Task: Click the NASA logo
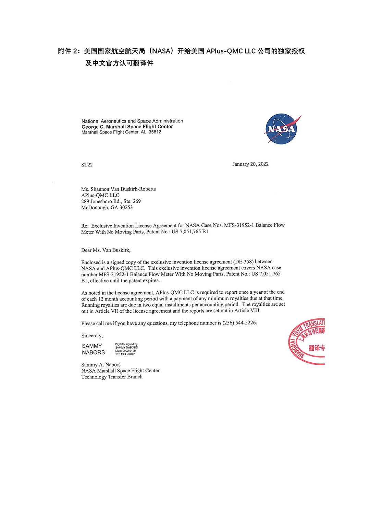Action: [x=282, y=129]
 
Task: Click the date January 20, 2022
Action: [x=250, y=164]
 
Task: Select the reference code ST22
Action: [x=87, y=165]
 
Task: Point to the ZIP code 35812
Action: [x=155, y=132]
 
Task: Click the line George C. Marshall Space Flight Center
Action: [x=127, y=127]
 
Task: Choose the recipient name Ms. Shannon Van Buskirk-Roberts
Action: [x=119, y=189]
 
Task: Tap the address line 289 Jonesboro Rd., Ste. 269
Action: [x=111, y=201]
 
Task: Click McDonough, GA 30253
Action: [x=107, y=208]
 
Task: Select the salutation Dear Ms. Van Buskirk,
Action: [x=106, y=250]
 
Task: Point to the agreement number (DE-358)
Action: [x=243, y=262]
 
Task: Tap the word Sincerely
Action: [x=92, y=336]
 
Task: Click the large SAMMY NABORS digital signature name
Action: [x=93, y=349]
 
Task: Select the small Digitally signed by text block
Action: [x=126, y=349]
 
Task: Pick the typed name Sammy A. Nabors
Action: [x=101, y=364]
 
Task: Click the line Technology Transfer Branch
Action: [x=112, y=377]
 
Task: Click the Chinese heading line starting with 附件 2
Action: [x=181, y=51]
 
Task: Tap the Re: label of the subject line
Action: [x=85, y=226]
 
